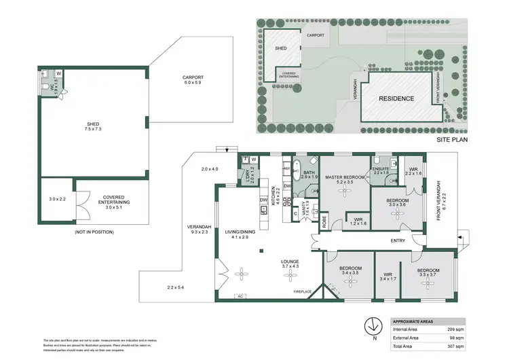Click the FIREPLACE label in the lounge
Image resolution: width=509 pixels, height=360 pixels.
point(303,292)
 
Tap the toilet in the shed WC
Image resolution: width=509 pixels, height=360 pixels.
point(44,74)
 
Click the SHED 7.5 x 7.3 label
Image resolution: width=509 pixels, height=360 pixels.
point(93,126)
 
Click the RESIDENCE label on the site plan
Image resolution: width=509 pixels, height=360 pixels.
point(396,98)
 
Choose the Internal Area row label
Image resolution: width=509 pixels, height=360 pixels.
point(406,329)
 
